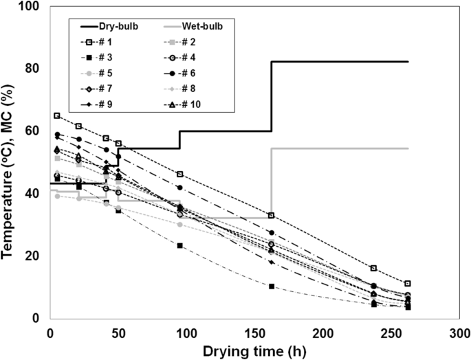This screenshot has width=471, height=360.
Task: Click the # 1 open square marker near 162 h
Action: click(272, 216)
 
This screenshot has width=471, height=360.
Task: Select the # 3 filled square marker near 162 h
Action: click(272, 286)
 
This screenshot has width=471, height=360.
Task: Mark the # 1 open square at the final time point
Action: click(408, 283)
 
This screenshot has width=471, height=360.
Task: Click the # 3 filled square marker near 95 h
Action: click(180, 245)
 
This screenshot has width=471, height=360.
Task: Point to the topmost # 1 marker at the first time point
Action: click(57, 115)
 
